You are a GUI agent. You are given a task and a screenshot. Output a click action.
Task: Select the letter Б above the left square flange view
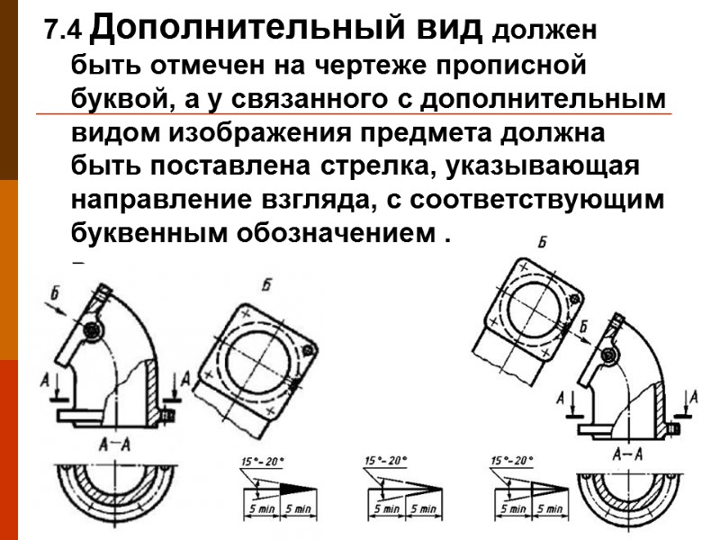click(267, 286)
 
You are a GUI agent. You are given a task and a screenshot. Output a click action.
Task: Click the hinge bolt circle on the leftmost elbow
click(91, 332)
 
